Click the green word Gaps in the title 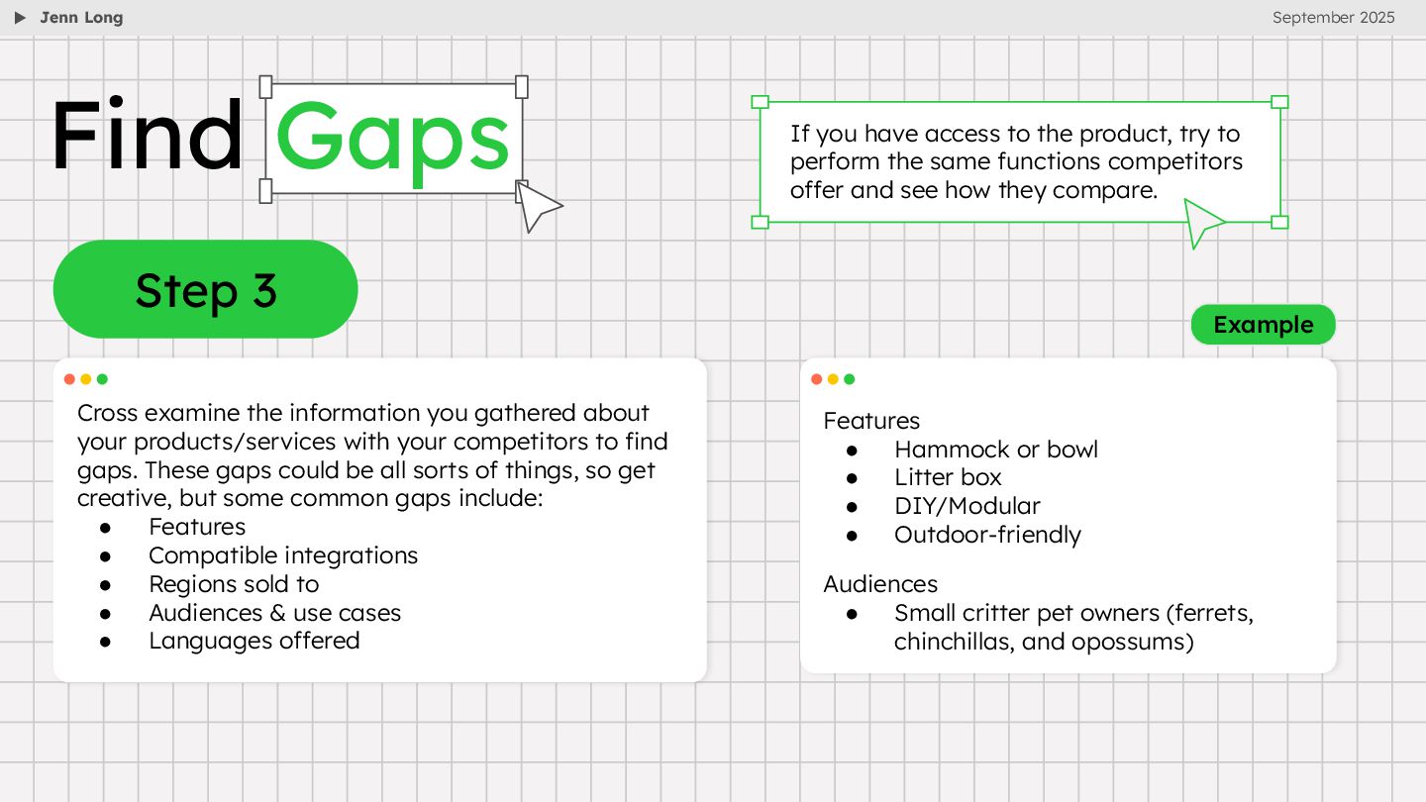(x=393, y=139)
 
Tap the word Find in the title (x=147, y=137)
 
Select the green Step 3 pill (x=205, y=289)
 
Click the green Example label (x=1263, y=325)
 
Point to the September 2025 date (x=1333, y=17)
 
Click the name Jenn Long (x=81, y=17)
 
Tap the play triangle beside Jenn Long (x=20, y=18)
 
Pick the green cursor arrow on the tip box (x=1201, y=221)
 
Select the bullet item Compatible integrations (x=283, y=555)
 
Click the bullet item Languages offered (x=254, y=641)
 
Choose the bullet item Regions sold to (x=234, y=584)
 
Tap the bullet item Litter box (x=948, y=477)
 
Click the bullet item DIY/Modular (x=967, y=506)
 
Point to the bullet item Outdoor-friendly (x=987, y=535)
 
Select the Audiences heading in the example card (x=880, y=584)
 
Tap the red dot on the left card (x=69, y=379)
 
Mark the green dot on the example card (x=849, y=379)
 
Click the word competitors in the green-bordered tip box (x=1175, y=161)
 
